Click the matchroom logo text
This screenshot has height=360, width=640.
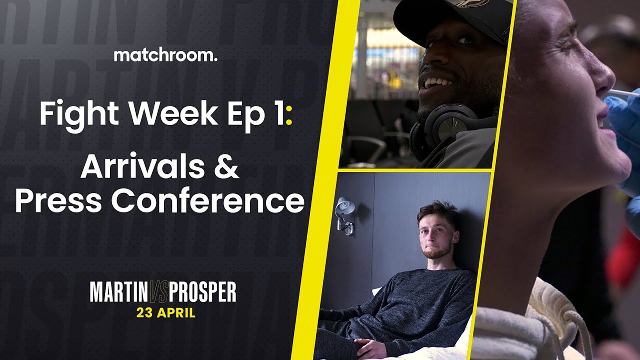tap(165, 55)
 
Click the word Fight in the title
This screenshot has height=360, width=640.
tap(79, 113)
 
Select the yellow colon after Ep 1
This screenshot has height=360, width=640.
tap(289, 116)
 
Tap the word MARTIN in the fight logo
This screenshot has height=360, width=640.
tap(118, 292)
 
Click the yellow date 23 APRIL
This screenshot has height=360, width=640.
tap(166, 312)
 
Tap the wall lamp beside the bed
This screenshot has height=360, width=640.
tap(345, 216)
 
